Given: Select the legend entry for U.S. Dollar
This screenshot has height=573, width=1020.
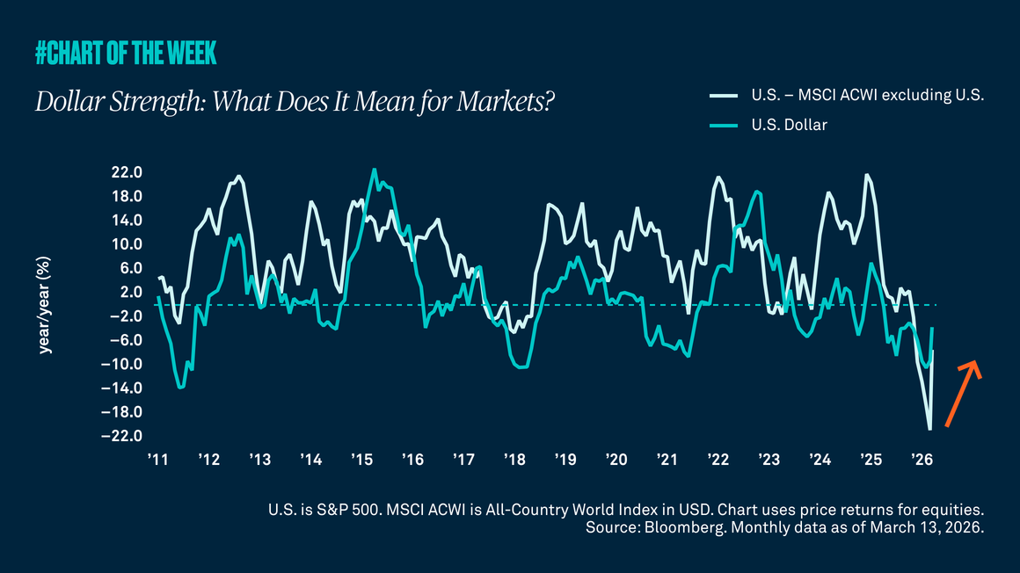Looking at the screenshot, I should coord(790,125).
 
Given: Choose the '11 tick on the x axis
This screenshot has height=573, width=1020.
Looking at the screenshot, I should coord(158,460).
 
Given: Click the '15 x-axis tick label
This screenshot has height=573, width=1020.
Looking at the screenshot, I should coord(362,460).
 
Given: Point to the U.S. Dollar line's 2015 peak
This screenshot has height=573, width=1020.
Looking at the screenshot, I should coord(374,170).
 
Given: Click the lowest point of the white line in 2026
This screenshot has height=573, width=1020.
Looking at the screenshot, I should coord(929,429).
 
